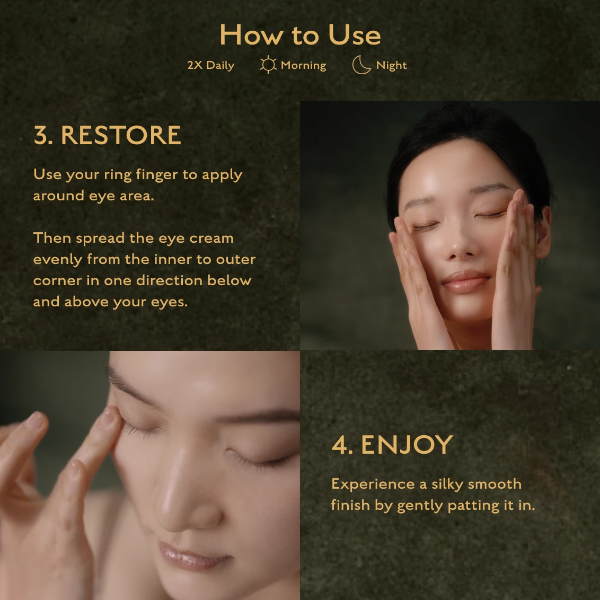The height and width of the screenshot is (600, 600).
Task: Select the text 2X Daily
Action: click(x=211, y=65)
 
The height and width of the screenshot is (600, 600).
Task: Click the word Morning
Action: click(x=303, y=65)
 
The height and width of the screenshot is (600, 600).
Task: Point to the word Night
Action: click(x=392, y=65)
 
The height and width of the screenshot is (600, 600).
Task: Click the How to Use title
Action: click(x=301, y=35)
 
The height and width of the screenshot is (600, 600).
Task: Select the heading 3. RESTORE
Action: click(x=107, y=135)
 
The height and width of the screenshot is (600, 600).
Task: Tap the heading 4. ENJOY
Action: click(x=392, y=445)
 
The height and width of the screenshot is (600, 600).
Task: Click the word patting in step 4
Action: click(x=474, y=506)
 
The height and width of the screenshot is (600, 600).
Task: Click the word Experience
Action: click(x=373, y=485)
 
